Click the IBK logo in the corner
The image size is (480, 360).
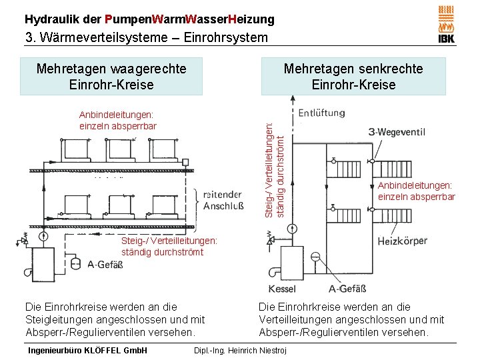pyautogui.click(x=446, y=25)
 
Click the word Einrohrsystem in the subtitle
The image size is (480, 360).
pyautogui.click(x=226, y=37)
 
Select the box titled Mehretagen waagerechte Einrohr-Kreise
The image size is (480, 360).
pyautogui.click(x=111, y=77)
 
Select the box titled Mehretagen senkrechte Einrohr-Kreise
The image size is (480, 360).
pyautogui.click(x=353, y=77)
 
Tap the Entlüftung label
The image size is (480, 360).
pyautogui.click(x=321, y=112)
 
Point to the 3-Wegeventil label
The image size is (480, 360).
pyautogui.click(x=401, y=132)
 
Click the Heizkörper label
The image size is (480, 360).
pyautogui.click(x=402, y=241)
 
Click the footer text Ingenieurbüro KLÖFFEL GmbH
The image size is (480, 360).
pyautogui.click(x=86, y=351)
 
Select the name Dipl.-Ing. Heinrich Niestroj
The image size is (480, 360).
pyautogui.click(x=239, y=351)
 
